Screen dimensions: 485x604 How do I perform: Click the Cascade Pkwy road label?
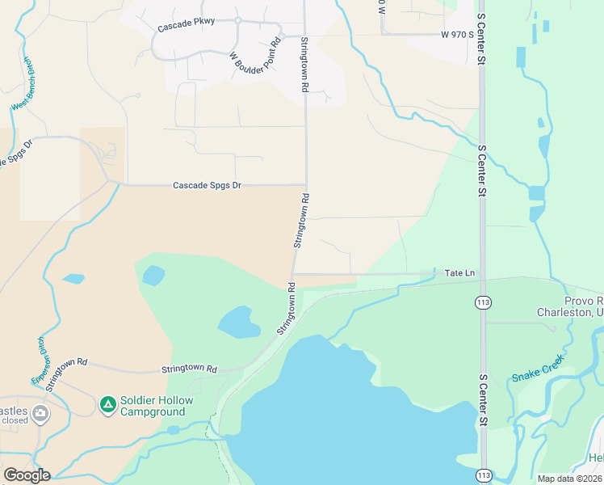[187, 24]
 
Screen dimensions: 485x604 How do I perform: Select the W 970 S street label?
[456, 34]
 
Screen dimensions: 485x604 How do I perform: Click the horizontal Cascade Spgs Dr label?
[208, 185]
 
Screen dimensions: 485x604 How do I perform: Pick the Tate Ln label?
[460, 273]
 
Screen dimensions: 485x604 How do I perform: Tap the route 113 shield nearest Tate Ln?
[482, 302]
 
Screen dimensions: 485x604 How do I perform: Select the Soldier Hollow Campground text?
[153, 407]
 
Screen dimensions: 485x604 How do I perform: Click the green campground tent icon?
[107, 403]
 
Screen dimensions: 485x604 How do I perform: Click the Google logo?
[27, 474]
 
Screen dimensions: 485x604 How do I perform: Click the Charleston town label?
[570, 312]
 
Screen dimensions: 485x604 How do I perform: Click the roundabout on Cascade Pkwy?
[239, 21]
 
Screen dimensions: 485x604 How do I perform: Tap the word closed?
[15, 420]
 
